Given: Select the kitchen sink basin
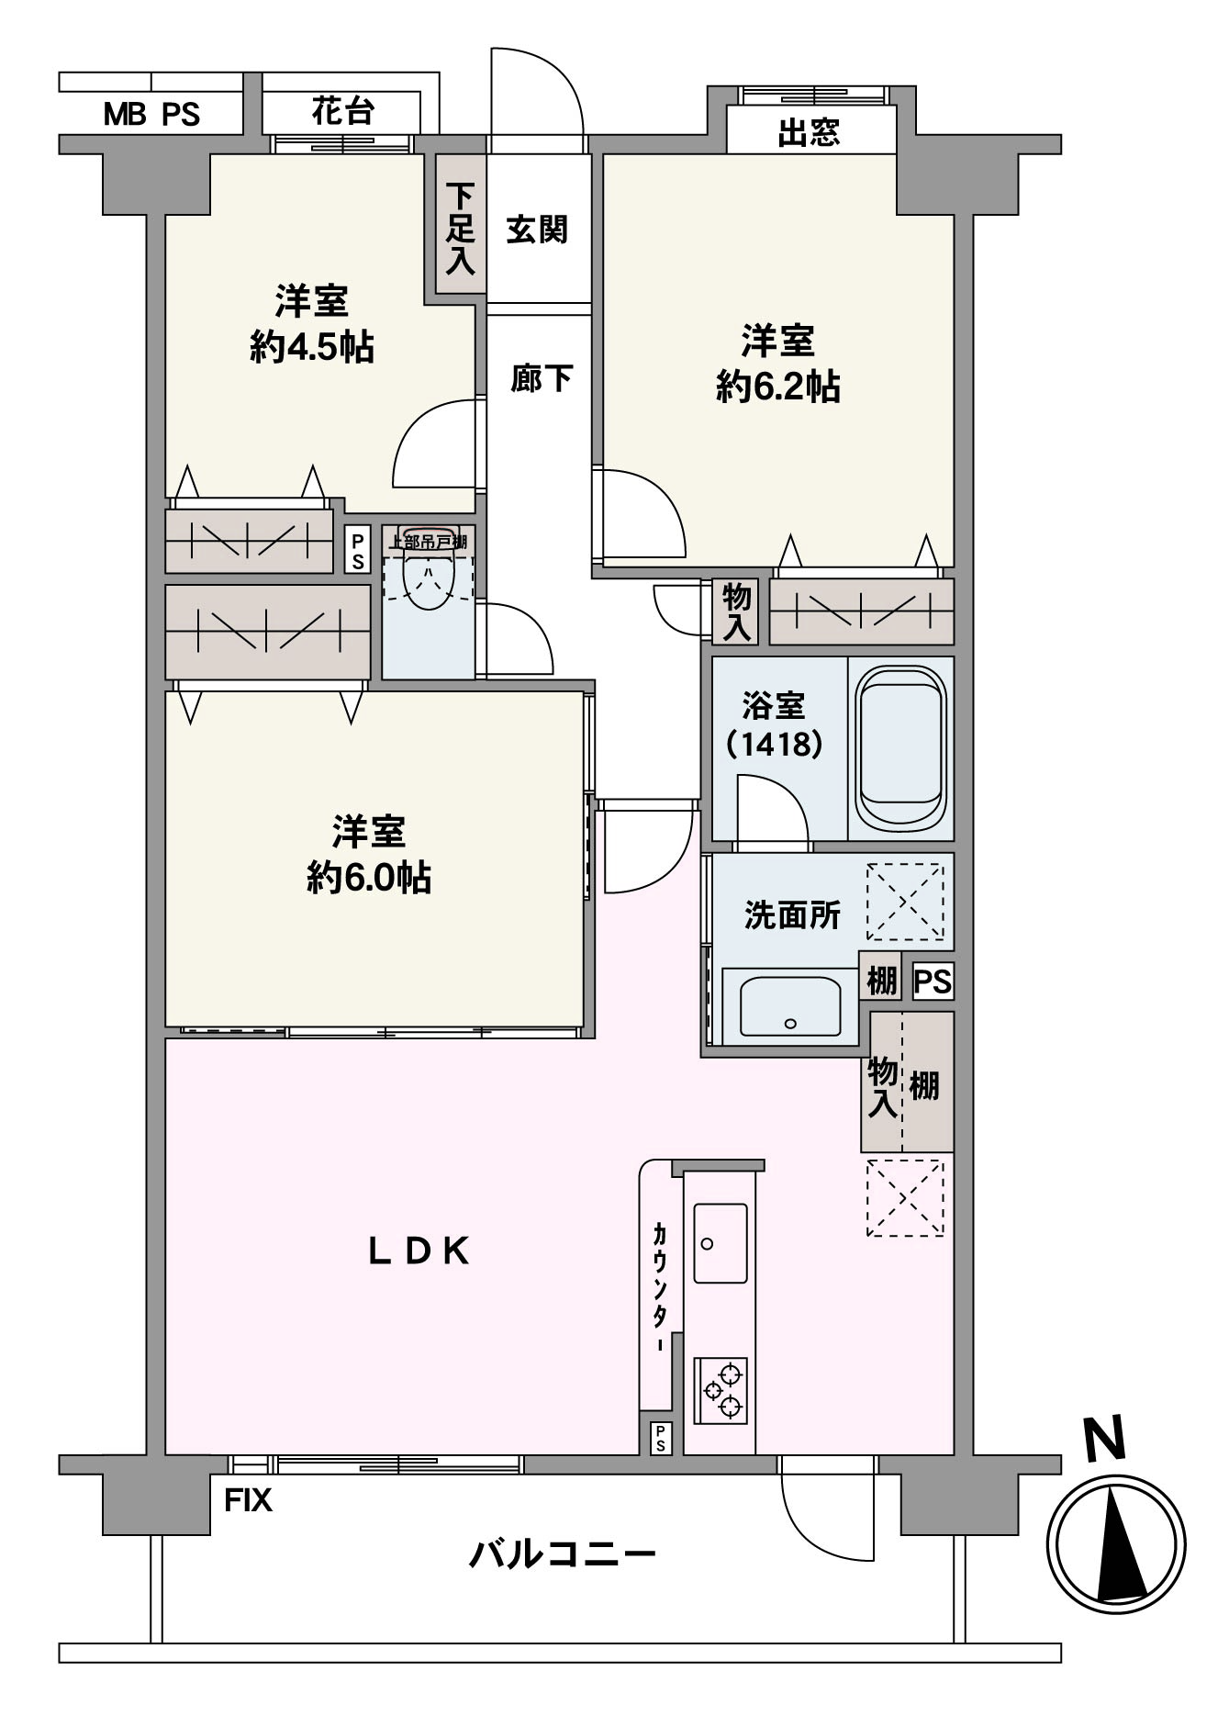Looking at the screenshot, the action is [x=721, y=1243].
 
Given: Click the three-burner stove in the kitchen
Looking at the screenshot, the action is [x=721, y=1390].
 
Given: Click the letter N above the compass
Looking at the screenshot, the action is [x=1105, y=1439].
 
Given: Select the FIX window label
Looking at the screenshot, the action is [x=249, y=1500].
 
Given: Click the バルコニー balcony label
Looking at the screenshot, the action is [x=563, y=1554].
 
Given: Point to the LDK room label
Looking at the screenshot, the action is [x=419, y=1251].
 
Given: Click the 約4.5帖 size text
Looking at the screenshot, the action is [x=312, y=347].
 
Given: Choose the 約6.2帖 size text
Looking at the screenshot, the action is [x=778, y=387].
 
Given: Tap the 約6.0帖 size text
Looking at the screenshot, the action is [x=369, y=878].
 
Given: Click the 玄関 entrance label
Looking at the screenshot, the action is [x=537, y=229].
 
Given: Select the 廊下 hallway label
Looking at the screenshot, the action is [x=542, y=377].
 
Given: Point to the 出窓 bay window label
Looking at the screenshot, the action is [x=809, y=133].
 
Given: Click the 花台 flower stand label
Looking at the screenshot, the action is [x=342, y=111].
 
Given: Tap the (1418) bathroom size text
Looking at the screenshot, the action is [x=774, y=743].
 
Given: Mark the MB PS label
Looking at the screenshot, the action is [x=151, y=115].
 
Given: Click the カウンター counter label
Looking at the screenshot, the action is [x=659, y=1284].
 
